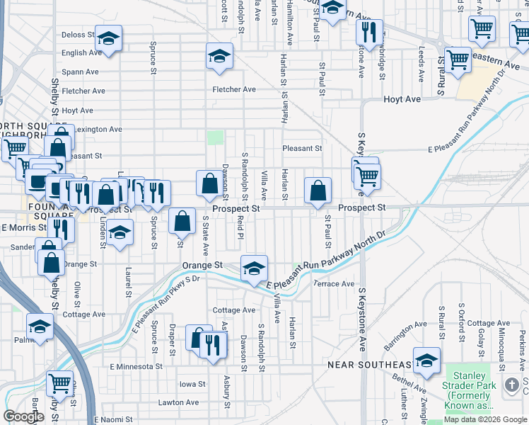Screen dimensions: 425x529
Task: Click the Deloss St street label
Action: pos(78,35)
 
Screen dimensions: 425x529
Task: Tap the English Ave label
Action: pos(82,53)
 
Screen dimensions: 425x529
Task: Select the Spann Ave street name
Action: pos(80,72)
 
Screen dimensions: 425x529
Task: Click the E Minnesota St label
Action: pos(136,367)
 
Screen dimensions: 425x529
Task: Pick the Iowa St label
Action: pos(192,384)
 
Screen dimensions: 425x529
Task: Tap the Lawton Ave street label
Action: pos(178,402)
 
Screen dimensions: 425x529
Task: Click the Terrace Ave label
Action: pos(334,284)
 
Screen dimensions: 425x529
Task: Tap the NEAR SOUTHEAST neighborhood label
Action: pos(369,365)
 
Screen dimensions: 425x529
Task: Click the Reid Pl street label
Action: pos(240,228)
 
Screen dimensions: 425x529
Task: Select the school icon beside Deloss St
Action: pos(108,38)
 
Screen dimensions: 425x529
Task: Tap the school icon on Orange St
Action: pos(254,268)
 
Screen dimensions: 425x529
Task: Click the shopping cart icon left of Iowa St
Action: pos(60,383)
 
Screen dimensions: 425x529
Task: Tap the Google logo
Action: pos(24,416)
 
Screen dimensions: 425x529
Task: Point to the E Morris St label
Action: pos(23,228)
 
